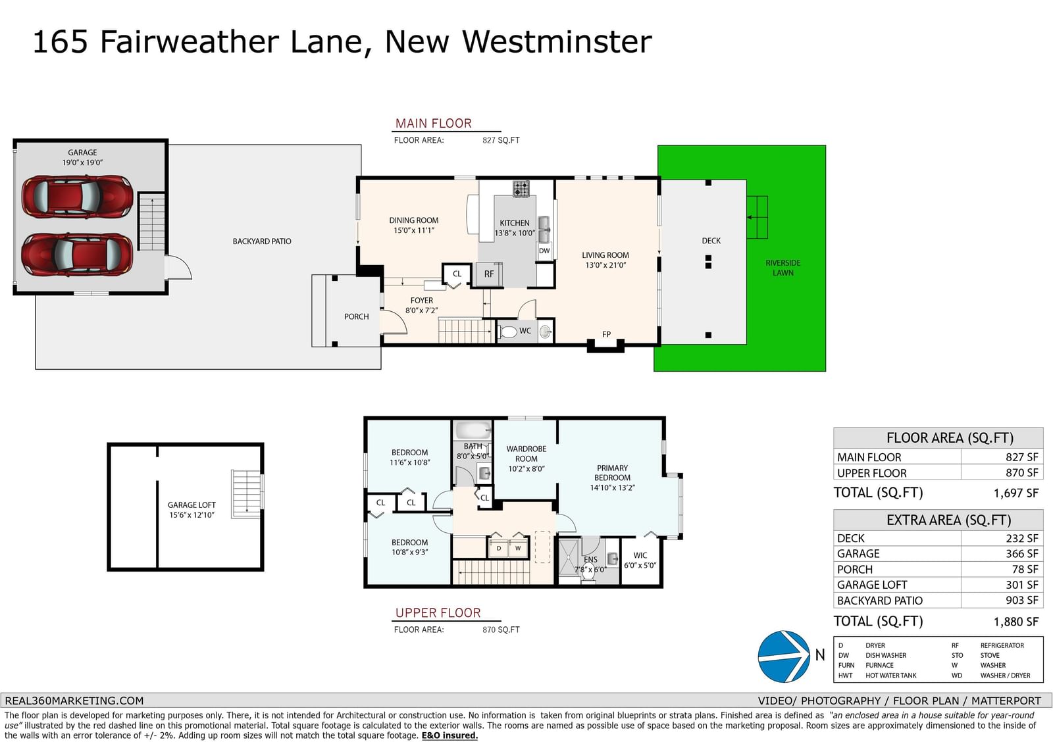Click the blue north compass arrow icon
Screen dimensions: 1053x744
(x=784, y=656)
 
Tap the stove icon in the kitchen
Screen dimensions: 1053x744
(x=521, y=189)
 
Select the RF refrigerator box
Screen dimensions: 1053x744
(x=489, y=274)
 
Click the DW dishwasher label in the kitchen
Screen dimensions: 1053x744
(x=544, y=251)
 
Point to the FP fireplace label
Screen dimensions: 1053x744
(x=606, y=334)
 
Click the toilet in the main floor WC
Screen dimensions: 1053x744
(x=507, y=332)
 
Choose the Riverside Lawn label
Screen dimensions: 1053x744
(x=783, y=268)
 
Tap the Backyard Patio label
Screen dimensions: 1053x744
(x=262, y=241)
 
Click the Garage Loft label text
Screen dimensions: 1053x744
(x=192, y=505)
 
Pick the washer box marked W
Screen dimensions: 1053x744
(x=517, y=549)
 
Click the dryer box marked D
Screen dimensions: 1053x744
(x=499, y=549)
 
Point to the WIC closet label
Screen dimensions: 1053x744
(x=640, y=555)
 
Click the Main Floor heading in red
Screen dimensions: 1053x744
(x=433, y=124)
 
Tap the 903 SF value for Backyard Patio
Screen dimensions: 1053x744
(x=1022, y=601)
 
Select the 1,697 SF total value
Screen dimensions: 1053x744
(x=1016, y=493)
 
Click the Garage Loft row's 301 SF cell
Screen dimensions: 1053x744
(x=1022, y=585)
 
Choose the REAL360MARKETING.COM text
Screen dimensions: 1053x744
(x=74, y=701)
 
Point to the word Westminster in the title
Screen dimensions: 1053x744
(x=557, y=42)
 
